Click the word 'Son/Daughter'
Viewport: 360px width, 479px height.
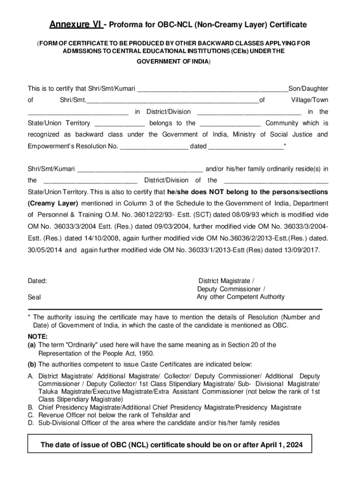click(308, 88)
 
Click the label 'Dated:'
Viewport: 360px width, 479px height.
click(37, 281)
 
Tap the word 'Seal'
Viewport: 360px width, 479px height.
click(35, 297)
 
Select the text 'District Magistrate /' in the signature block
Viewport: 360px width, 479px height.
click(227, 281)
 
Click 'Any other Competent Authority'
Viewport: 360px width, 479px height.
click(240, 297)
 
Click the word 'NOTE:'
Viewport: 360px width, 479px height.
click(37, 336)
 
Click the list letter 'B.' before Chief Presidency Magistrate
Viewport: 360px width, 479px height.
click(31, 407)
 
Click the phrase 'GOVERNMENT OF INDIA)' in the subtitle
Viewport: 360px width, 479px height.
click(173, 62)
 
